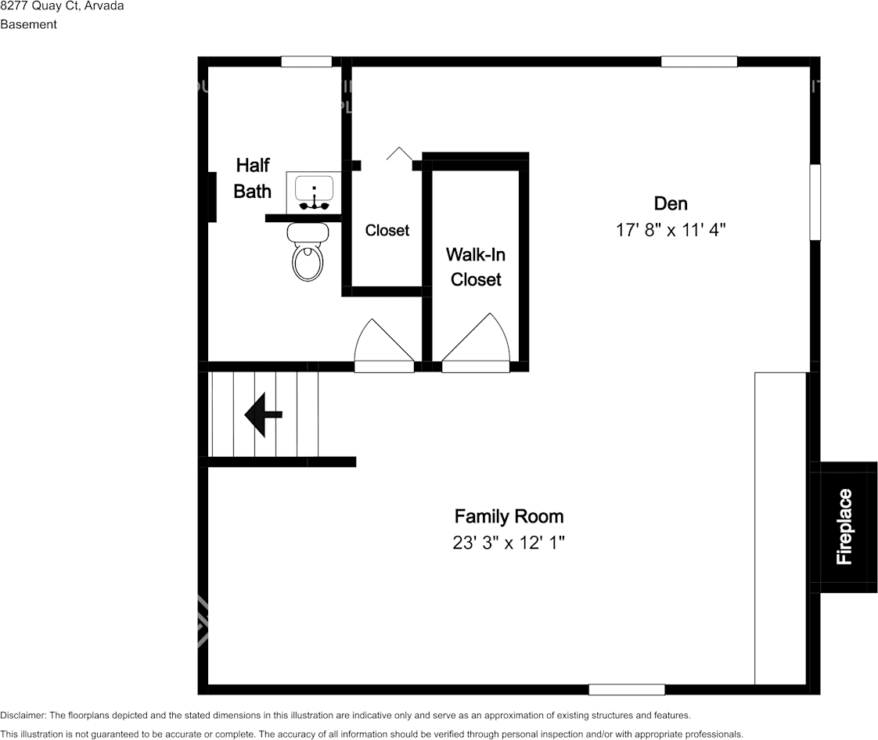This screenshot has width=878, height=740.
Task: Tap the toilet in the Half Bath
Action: [308, 255]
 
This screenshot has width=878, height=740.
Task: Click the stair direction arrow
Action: [263, 415]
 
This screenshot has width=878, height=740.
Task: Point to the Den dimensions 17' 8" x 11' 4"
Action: [671, 230]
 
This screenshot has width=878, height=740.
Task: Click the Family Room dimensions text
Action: [509, 543]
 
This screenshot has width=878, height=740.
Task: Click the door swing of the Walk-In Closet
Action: [477, 340]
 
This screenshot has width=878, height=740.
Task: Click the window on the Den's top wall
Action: [699, 62]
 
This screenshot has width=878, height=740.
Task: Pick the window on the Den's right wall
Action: [815, 201]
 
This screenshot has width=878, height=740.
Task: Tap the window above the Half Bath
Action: [307, 62]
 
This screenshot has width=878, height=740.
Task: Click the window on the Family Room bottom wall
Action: [626, 689]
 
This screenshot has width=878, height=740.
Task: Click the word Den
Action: [671, 204]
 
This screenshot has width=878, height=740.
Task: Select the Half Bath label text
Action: [253, 178]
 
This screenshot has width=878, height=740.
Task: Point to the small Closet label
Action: [387, 231]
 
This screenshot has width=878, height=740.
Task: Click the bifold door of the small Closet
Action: [399, 154]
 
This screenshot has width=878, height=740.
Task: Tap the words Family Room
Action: [509, 516]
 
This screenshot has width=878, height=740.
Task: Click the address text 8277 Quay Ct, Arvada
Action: [62, 6]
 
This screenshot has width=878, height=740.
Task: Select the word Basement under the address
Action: [28, 24]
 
